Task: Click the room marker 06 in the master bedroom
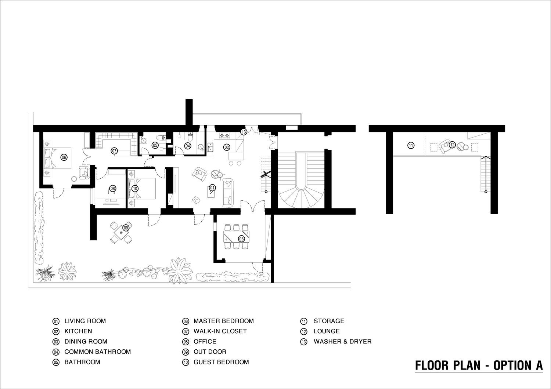(x=64, y=157)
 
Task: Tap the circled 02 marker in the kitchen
(x=227, y=147)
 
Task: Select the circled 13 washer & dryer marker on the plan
(x=244, y=132)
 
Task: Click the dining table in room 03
(x=237, y=237)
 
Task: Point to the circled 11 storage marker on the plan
(x=411, y=145)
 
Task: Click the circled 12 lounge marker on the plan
(x=452, y=145)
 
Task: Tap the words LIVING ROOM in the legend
(x=85, y=321)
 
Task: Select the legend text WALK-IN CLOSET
(x=220, y=331)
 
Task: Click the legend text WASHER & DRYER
(x=343, y=342)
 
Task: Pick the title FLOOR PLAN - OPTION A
(x=479, y=366)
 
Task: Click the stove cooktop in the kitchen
(x=224, y=135)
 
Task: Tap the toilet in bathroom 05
(x=161, y=138)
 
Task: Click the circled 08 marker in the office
(x=113, y=189)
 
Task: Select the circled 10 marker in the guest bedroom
(x=135, y=189)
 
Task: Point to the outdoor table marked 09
(x=121, y=232)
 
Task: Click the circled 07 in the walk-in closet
(x=114, y=150)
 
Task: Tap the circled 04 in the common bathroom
(x=188, y=146)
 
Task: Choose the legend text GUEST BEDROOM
(x=221, y=362)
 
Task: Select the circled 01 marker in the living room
(x=212, y=188)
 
